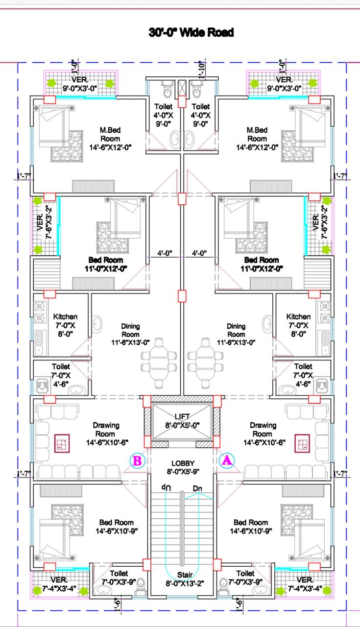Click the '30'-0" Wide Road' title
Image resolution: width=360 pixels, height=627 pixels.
191,32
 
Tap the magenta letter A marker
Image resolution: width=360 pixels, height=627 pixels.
227,460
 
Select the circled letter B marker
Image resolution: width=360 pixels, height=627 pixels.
138,460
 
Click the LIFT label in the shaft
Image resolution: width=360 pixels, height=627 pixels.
182,416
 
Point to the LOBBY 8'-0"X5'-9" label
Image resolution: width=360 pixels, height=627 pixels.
183,467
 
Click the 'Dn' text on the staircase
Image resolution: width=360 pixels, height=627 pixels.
197,488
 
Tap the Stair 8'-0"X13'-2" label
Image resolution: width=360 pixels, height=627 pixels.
185,579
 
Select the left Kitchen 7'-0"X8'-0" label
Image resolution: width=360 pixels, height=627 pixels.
65,325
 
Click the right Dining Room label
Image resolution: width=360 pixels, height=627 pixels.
236,334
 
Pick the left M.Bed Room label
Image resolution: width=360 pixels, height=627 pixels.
110,139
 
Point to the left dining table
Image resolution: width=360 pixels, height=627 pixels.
159,363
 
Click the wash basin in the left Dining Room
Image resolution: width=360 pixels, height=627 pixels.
97,324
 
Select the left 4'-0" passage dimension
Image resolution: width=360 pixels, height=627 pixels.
165,253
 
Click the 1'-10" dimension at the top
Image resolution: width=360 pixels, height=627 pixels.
202,70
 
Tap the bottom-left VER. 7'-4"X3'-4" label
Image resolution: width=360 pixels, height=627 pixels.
59,584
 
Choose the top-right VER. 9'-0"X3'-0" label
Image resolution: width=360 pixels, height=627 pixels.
284,84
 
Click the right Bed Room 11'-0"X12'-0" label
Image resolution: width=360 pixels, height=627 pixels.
262,264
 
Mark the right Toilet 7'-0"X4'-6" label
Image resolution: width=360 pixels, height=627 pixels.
303,375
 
